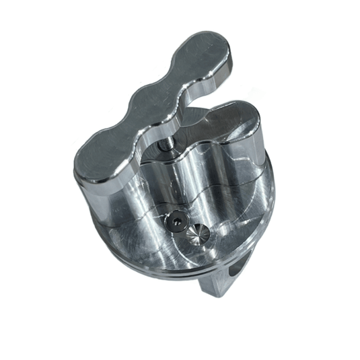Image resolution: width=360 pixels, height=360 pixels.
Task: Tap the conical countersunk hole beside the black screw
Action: point(199,235)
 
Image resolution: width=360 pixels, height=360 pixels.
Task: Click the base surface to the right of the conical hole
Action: point(232,225)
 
